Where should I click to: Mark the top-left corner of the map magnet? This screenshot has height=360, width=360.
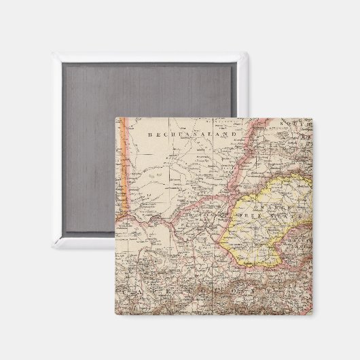tap(115, 118)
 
